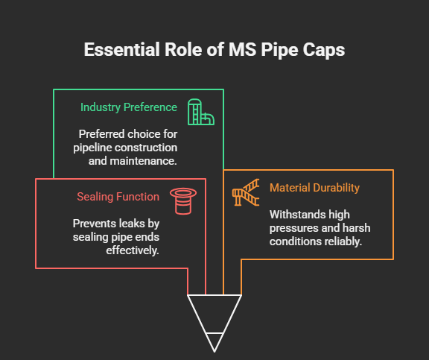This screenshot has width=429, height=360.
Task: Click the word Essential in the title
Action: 121,49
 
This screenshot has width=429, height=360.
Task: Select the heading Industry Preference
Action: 129,107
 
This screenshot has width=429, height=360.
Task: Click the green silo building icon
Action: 201,112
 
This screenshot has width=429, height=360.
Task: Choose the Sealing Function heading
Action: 118,197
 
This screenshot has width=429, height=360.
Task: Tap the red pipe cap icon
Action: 183,201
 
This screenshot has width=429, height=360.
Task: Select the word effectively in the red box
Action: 133,250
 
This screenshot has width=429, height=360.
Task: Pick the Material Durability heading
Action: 314,188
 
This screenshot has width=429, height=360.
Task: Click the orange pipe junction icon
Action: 246,192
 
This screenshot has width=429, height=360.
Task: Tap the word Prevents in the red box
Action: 89,224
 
